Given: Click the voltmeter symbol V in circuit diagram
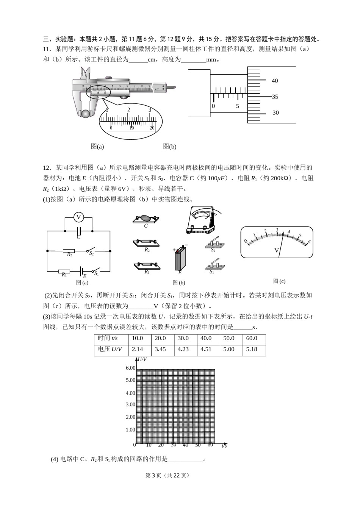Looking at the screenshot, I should click(x=79, y=217).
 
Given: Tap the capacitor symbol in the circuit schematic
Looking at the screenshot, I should click(x=79, y=230).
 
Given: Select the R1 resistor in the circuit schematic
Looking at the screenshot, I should click(x=64, y=271).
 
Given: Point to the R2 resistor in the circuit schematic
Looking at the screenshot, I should click(x=69, y=251).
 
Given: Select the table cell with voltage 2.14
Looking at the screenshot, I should click(x=139, y=349).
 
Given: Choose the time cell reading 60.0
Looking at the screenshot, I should click(x=254, y=338).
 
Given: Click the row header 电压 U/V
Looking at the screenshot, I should click(x=111, y=349).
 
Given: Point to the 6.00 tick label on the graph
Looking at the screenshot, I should click(x=130, y=368).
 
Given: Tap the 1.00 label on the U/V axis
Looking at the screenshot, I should click(x=130, y=430).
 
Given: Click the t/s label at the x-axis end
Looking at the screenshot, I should click(x=224, y=446).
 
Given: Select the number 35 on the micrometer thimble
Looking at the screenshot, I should click(x=275, y=97).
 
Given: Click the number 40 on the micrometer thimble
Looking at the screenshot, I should click(x=275, y=81).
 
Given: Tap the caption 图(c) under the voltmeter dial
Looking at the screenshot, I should click(x=279, y=281).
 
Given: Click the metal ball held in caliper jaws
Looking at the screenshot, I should click(x=86, y=113).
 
